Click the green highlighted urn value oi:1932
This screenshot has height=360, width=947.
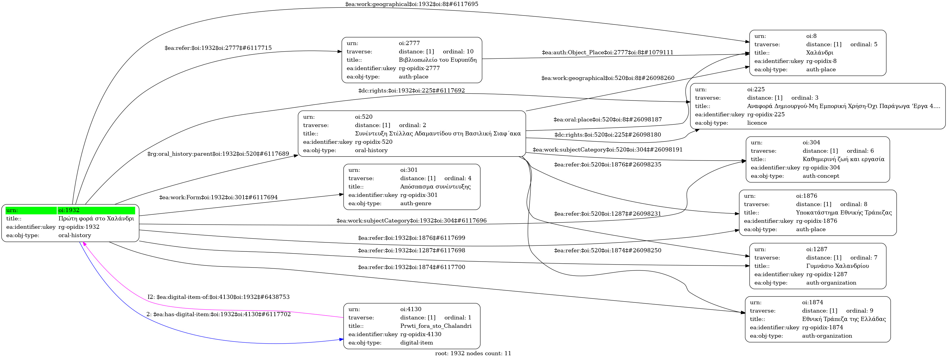pos(69,210)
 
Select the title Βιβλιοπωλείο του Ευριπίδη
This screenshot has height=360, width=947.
pos(438,60)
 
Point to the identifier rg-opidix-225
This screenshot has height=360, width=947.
pos(766,114)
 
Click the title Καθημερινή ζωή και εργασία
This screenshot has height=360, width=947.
pos(843,159)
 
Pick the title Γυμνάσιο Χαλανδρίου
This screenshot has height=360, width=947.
pos(837,266)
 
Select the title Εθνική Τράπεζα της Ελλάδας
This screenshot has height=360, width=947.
pos(844,319)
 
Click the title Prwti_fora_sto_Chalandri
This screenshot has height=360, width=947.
pos(435,326)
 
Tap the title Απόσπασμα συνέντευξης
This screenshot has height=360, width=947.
pos(435,186)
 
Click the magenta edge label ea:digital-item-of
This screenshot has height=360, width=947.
pos(218,297)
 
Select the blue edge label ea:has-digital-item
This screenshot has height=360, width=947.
pos(218,314)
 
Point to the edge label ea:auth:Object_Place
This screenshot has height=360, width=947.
pos(607,52)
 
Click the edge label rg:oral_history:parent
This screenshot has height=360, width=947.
pos(218,154)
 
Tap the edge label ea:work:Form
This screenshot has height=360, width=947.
pos(218,197)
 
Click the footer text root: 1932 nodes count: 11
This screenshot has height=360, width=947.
pos(473,353)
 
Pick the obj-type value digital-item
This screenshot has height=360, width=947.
pos(416,343)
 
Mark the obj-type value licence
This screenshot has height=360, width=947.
pos(757,123)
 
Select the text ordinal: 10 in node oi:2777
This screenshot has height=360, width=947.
pos(458,52)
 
